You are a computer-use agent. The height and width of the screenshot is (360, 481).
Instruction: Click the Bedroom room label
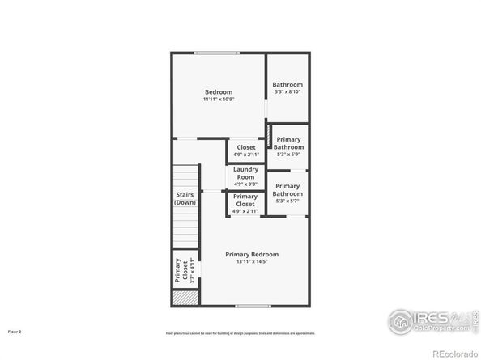click(219, 91)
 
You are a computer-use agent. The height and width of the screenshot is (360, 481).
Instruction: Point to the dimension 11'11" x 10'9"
click(219, 100)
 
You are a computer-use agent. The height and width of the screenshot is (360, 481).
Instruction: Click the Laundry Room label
click(245, 172)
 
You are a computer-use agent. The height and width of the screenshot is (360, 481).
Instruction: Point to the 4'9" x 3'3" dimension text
click(245, 184)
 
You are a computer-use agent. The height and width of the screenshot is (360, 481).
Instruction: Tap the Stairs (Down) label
click(185, 198)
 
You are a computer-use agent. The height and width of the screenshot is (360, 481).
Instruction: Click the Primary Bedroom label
click(251, 254)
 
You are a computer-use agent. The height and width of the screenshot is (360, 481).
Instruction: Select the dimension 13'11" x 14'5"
click(251, 262)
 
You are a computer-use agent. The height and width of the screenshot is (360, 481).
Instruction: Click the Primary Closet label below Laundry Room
click(245, 201)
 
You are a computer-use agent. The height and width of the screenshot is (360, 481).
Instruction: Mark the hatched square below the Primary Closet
click(185, 298)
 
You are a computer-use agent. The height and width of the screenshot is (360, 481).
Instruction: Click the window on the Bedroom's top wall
click(216, 53)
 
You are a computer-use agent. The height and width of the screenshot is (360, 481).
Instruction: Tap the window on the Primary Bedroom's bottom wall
click(252, 307)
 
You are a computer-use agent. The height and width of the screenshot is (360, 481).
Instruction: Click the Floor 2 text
click(15, 332)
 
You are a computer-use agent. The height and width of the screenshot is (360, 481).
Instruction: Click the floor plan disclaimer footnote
click(240, 332)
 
